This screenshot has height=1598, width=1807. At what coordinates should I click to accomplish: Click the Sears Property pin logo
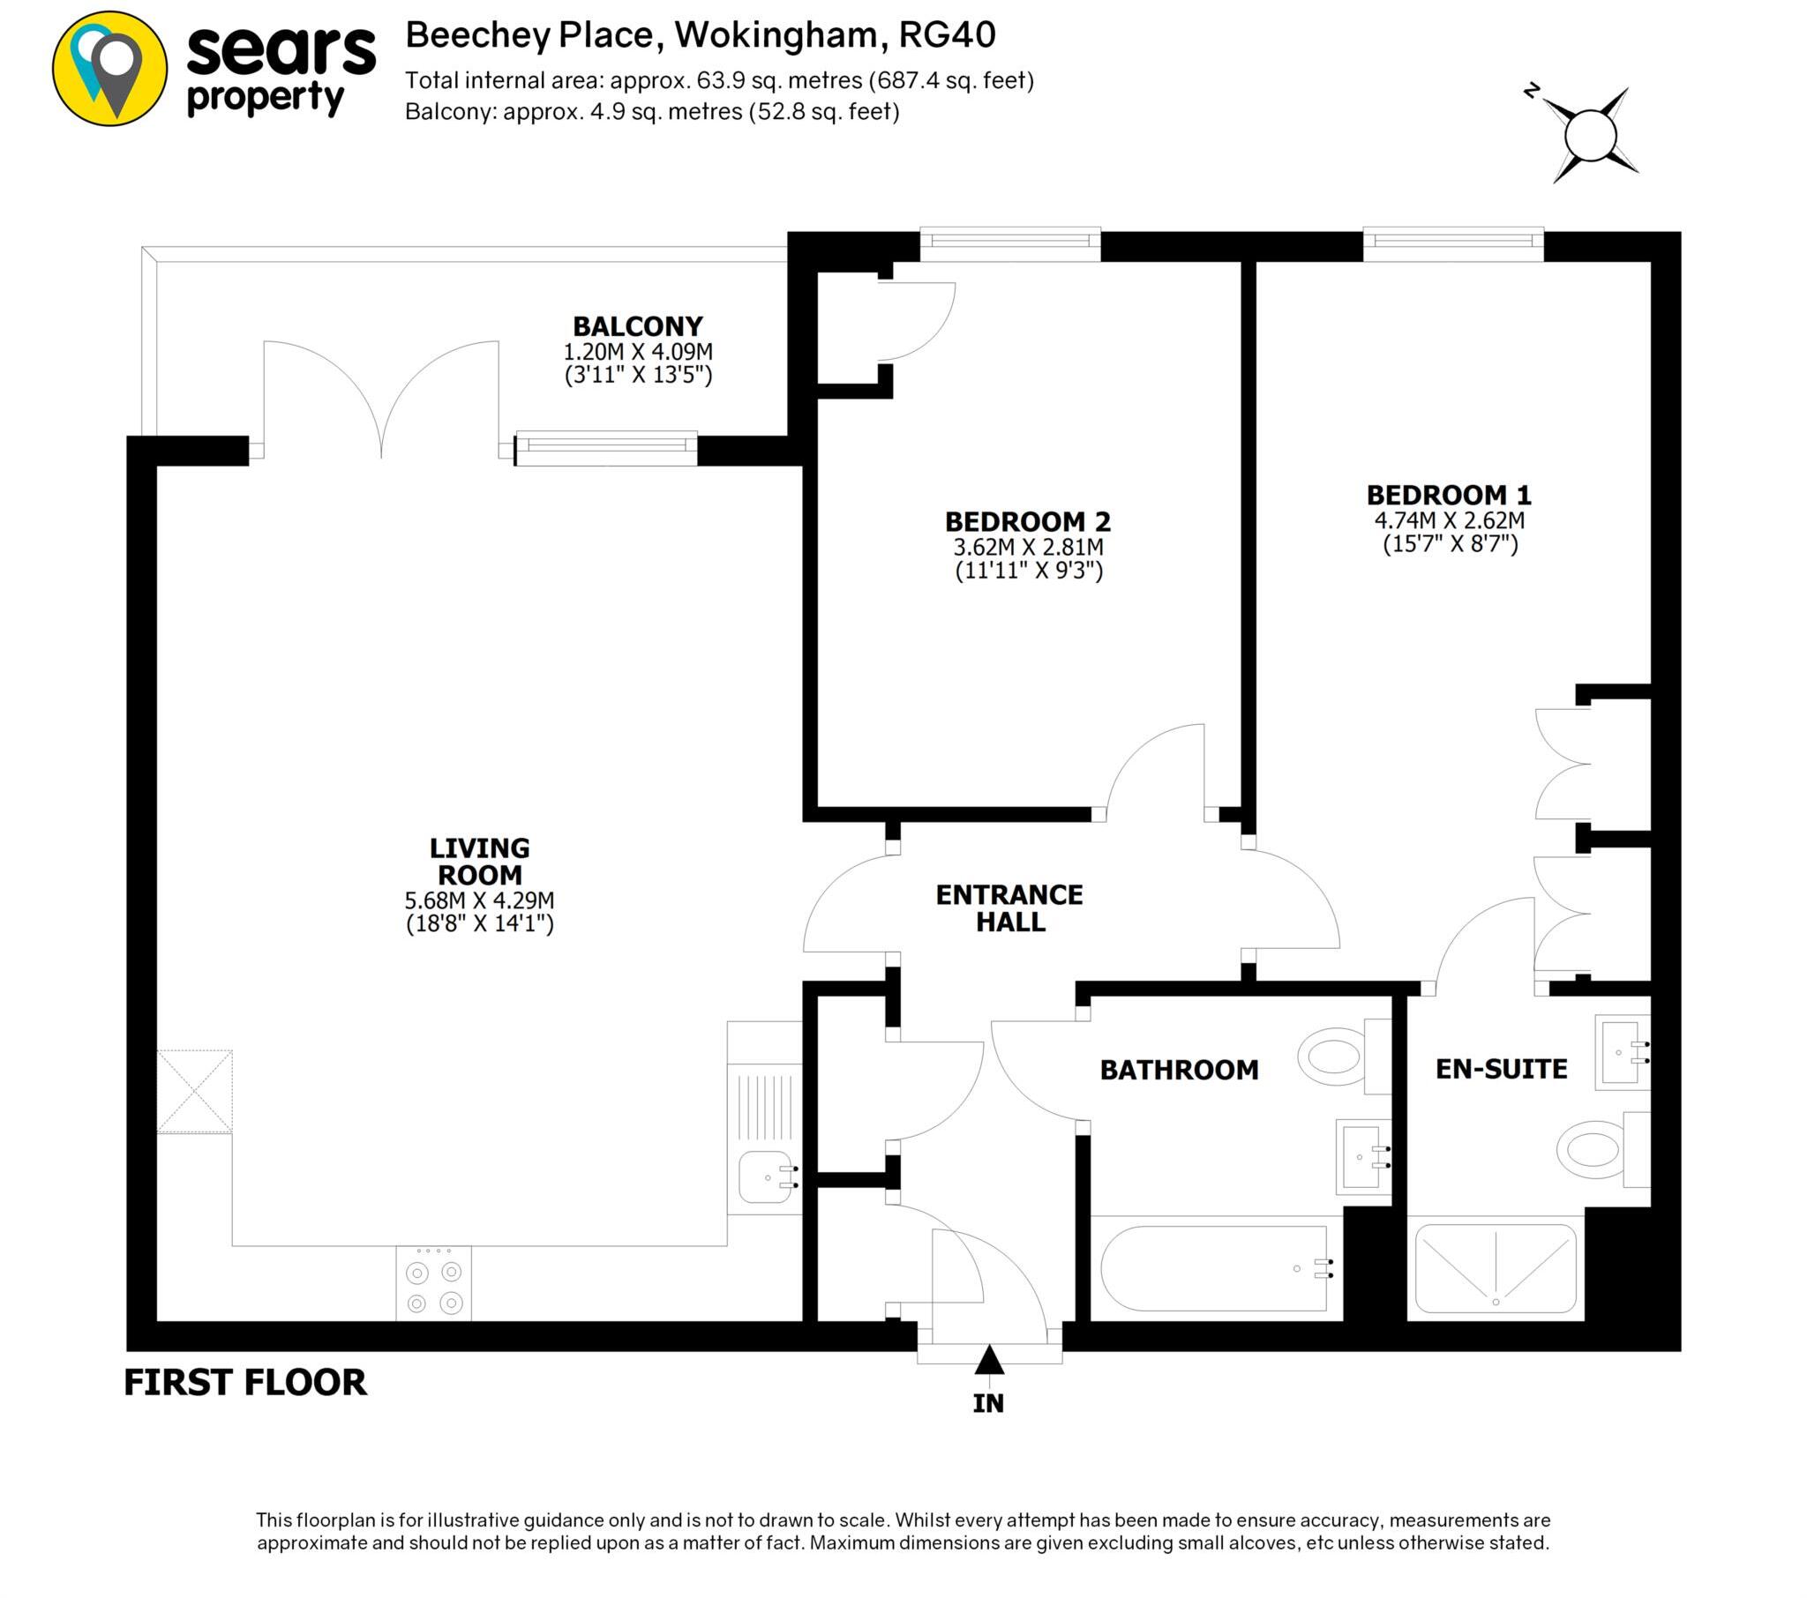(x=109, y=68)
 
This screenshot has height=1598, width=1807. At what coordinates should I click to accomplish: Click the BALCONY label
(x=637, y=326)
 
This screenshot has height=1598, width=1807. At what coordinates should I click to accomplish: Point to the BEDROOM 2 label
(x=1027, y=521)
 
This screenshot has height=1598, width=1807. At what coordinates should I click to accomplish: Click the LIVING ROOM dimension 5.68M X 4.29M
(x=479, y=900)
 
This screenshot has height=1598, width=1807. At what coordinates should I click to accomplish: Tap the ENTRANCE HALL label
(x=1008, y=907)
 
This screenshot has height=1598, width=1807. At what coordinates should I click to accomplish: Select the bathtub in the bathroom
(x=1214, y=1268)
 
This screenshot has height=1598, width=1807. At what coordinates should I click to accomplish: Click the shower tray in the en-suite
(x=1495, y=1268)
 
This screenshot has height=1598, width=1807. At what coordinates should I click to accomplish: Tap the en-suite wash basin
(x=1622, y=1052)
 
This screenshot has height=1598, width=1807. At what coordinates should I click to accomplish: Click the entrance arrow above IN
(x=988, y=1360)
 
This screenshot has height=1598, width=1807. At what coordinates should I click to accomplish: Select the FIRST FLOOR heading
(x=245, y=1382)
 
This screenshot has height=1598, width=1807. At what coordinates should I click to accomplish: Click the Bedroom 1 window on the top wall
(x=1452, y=244)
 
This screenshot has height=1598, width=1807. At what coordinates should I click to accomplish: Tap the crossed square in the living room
(x=194, y=1091)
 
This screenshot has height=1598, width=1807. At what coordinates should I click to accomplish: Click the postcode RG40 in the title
(x=947, y=35)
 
